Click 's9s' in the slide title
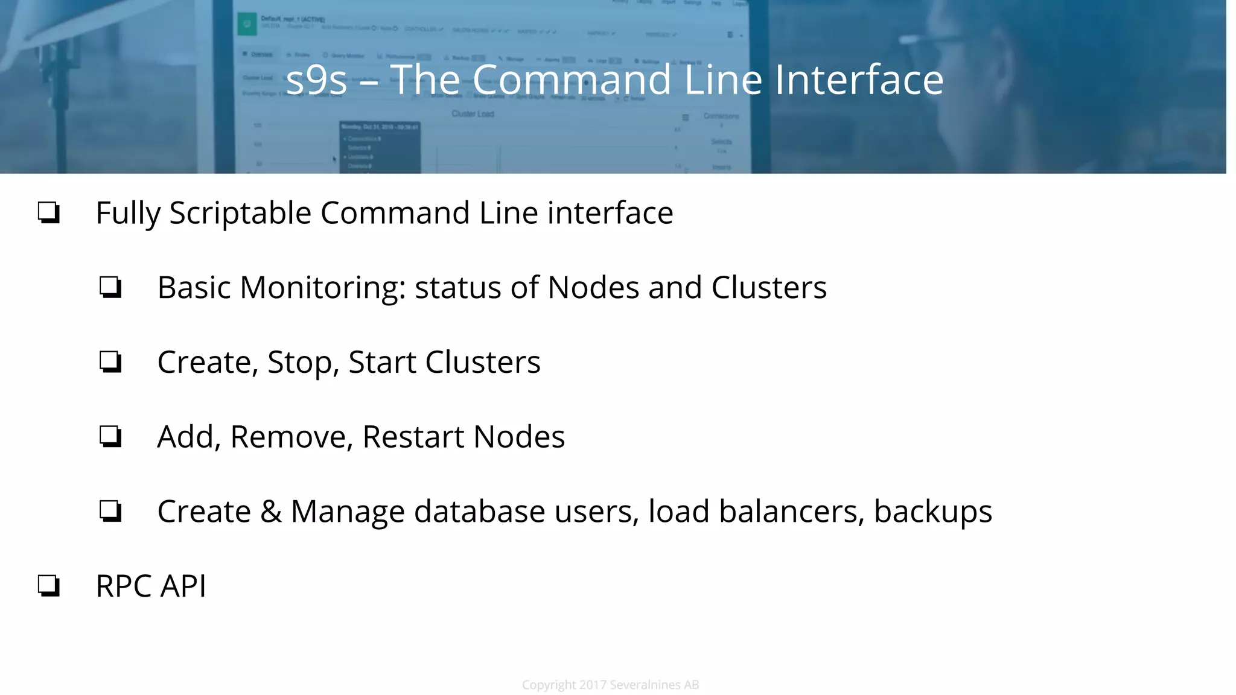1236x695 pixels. (x=317, y=80)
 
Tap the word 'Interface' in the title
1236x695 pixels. (x=859, y=80)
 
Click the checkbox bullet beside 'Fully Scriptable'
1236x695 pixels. (x=49, y=213)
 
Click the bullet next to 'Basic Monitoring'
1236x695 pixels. (x=110, y=288)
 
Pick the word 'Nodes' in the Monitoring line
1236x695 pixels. (x=593, y=288)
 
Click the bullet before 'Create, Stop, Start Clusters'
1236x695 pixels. (x=110, y=363)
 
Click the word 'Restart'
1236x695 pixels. (x=413, y=437)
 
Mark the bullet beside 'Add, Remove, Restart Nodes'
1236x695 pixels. (x=110, y=437)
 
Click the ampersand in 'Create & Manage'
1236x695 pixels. (x=271, y=512)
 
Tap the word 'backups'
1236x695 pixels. (x=932, y=512)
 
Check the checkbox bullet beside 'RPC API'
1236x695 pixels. (x=49, y=586)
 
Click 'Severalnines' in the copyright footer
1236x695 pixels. (x=645, y=685)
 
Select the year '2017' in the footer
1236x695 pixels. (x=593, y=685)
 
